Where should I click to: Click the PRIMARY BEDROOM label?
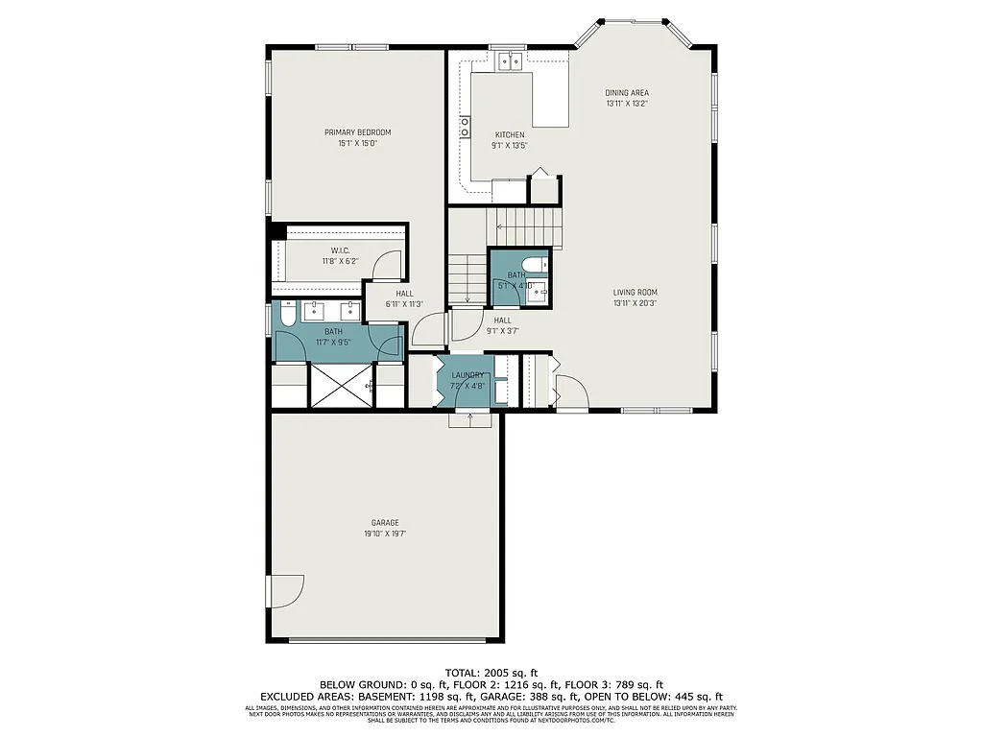point(357,132)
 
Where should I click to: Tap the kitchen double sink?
point(510,61)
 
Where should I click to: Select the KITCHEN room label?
point(509,134)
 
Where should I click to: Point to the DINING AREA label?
point(626,93)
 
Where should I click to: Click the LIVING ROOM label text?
point(635,293)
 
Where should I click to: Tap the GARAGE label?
point(385,523)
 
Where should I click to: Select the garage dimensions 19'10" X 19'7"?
point(385,534)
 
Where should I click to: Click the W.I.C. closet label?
point(340,250)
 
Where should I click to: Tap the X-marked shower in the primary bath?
point(340,386)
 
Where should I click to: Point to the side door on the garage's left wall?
point(286,590)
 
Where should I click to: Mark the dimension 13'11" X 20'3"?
point(635,303)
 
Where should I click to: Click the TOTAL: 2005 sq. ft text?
point(491,672)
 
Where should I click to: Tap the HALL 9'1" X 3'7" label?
point(503,325)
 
